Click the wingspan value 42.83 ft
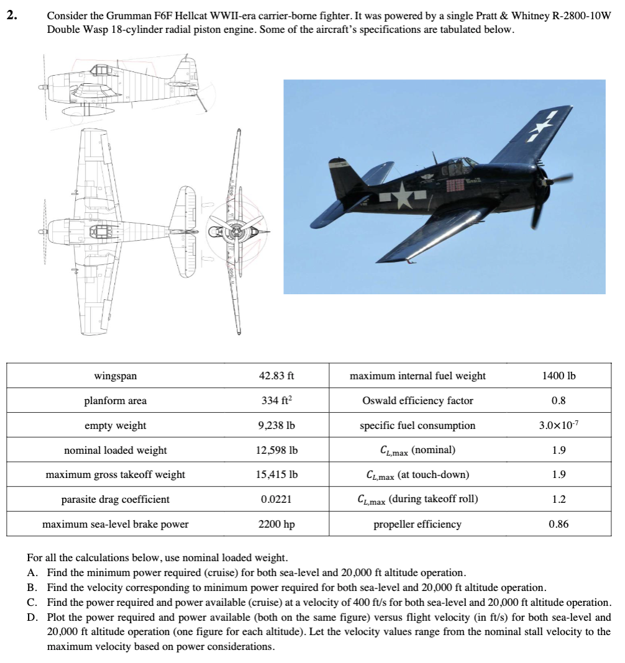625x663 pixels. (x=276, y=376)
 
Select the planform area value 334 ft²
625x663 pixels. (x=276, y=400)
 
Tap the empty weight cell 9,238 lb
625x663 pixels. (x=276, y=425)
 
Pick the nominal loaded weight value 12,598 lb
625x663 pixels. (x=276, y=450)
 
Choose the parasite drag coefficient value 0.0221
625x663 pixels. (x=276, y=499)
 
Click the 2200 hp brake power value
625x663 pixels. (x=276, y=524)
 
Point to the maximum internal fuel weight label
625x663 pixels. (x=417, y=376)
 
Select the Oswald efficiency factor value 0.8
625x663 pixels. (x=559, y=400)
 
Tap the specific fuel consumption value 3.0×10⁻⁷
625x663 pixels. (x=559, y=425)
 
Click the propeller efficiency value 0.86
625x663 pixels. (x=559, y=524)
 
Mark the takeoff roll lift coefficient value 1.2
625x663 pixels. (x=559, y=499)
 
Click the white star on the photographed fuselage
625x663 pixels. (x=403, y=196)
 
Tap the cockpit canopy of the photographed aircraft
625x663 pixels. (x=459, y=164)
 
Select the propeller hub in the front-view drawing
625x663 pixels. (x=236, y=232)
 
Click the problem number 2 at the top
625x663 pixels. (x=11, y=17)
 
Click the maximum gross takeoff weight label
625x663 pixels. (x=115, y=475)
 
